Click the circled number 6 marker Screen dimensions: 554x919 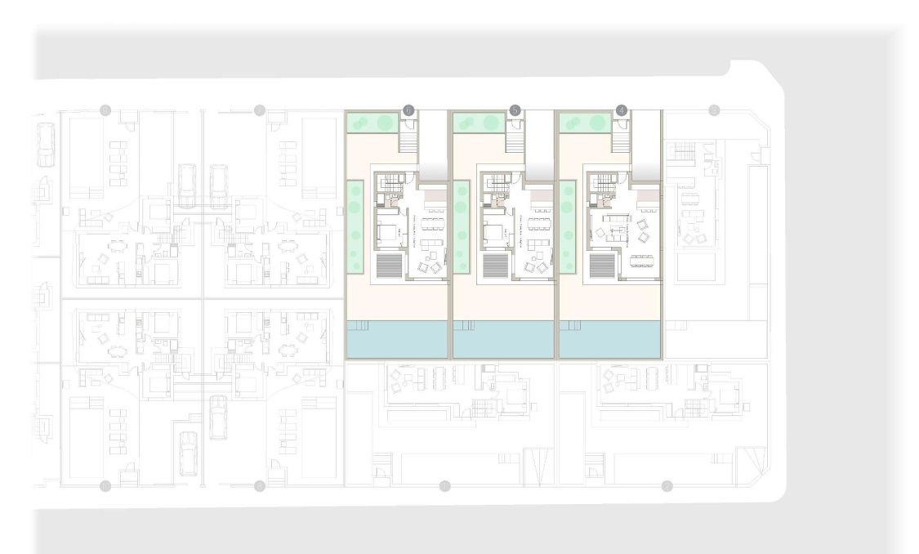[409, 109]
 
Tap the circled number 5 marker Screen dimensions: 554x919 [515, 109]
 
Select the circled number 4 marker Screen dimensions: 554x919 [622, 109]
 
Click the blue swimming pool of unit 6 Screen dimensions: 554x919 [397, 338]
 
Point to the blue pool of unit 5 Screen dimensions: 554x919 [503, 338]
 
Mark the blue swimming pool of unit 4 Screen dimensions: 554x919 [609, 338]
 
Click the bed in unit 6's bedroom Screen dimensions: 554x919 [386, 231]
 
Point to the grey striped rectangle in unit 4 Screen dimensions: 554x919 [601, 266]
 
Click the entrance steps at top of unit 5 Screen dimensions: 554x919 [515, 143]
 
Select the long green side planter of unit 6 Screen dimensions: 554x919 [355, 228]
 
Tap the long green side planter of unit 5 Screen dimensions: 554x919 [462, 228]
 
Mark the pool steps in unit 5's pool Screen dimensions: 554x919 [465, 325]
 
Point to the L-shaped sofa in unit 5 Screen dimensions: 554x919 [537, 244]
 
